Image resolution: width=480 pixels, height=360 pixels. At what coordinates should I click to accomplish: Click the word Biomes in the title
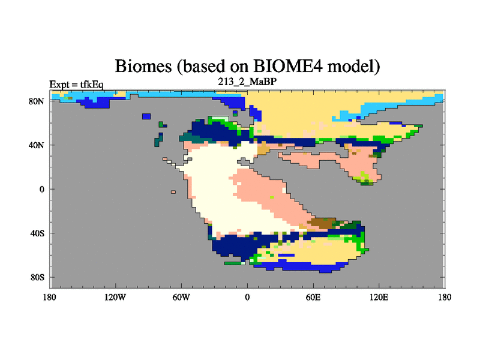tap(143, 66)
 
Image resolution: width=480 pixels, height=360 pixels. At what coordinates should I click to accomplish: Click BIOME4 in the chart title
tap(288, 66)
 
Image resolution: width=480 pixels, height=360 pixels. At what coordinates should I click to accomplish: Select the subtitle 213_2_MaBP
tap(247, 82)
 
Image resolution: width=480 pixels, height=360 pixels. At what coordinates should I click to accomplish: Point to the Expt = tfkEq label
tap(77, 84)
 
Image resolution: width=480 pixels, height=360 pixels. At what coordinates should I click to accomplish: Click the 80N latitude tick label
tap(37, 101)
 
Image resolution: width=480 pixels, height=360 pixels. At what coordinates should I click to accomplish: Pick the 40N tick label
tap(37, 145)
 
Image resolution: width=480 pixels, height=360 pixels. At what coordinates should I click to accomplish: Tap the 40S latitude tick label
tap(37, 233)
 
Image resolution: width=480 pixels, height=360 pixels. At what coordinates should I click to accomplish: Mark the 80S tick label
tap(37, 277)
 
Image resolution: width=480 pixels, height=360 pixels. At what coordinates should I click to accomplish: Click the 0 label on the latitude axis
tap(41, 189)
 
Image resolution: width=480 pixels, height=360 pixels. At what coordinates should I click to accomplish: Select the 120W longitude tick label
tap(115, 297)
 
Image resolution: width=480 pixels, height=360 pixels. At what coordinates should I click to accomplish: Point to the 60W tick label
tap(181, 297)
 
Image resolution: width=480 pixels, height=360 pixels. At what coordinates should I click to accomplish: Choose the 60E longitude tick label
tap(313, 297)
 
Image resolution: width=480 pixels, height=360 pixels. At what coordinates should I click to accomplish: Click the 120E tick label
tap(379, 297)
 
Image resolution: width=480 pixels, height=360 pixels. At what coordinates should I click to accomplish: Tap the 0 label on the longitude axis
tap(247, 297)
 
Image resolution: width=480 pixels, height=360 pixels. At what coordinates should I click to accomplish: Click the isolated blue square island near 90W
tap(146, 116)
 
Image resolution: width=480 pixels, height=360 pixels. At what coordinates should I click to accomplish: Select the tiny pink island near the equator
tap(173, 192)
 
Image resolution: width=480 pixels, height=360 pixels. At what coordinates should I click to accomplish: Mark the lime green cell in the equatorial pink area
tap(272, 197)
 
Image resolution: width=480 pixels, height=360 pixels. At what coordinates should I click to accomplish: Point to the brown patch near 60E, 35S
tap(320, 223)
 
